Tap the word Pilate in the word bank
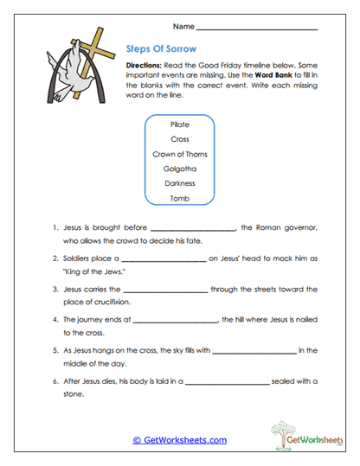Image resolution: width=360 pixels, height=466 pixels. point(180,124)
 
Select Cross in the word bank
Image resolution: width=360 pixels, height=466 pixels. point(180,138)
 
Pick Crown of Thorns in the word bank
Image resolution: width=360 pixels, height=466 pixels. point(180,153)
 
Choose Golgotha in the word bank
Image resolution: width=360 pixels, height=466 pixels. point(180,168)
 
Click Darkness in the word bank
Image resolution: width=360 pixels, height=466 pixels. point(180,182)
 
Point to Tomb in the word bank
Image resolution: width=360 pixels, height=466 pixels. point(180,197)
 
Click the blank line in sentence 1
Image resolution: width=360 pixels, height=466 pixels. point(193,229)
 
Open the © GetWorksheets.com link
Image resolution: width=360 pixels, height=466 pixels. point(179,439)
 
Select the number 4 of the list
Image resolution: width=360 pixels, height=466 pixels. point(55,318)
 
